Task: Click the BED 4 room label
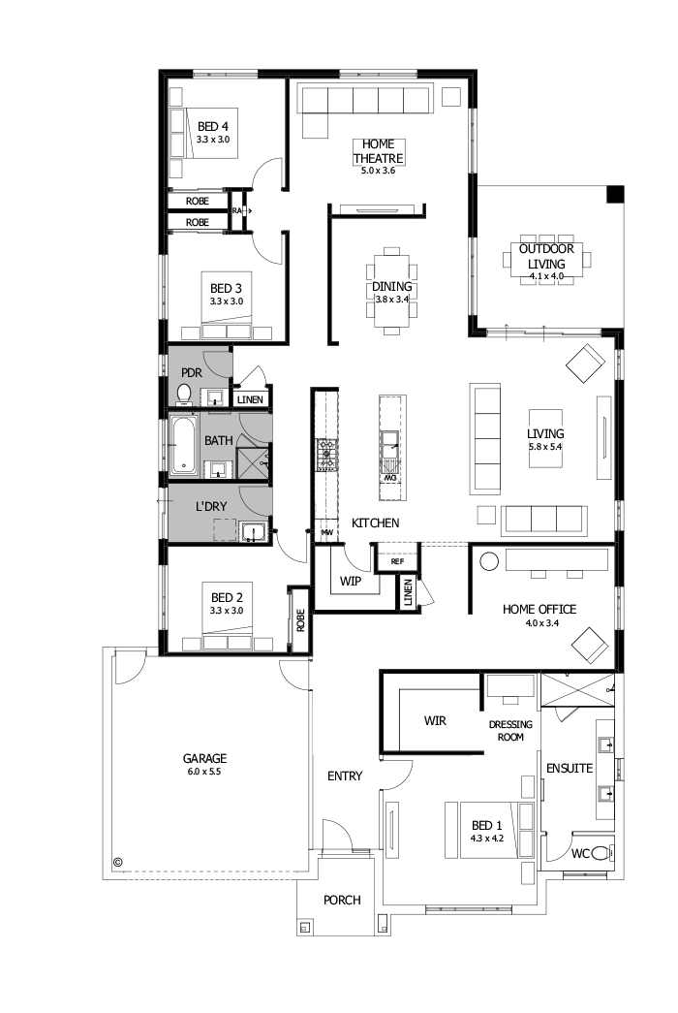tap(212, 126)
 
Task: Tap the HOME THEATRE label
tap(378, 151)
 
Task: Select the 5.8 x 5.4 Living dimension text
tap(545, 447)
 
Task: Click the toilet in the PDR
tap(184, 394)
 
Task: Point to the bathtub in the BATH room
tap(184, 445)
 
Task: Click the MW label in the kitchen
tap(327, 532)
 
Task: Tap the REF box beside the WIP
tap(397, 560)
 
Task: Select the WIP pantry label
tap(350, 583)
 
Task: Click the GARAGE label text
tap(204, 758)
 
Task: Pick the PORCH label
tap(342, 900)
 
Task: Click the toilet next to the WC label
tap(601, 853)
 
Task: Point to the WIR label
tap(435, 721)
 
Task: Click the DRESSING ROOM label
tap(506, 730)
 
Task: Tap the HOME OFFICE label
tap(539, 609)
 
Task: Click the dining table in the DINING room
tap(391, 288)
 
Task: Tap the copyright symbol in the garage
tap(118, 861)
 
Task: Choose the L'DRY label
tap(211, 506)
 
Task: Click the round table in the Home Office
tap(489, 561)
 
